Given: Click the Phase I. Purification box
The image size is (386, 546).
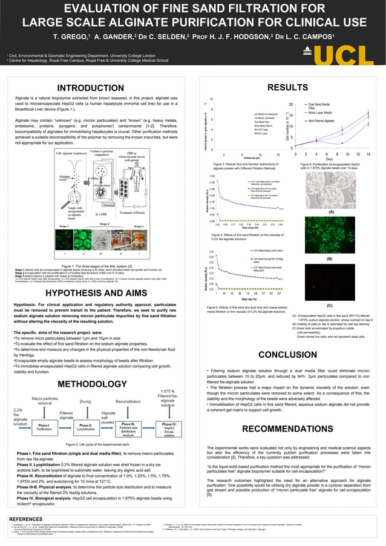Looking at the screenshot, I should [44, 427].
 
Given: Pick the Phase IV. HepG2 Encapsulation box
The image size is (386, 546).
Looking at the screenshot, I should [169, 429].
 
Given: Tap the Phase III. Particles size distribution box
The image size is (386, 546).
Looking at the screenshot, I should [128, 429].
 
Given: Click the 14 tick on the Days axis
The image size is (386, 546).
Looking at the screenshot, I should [368, 154].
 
